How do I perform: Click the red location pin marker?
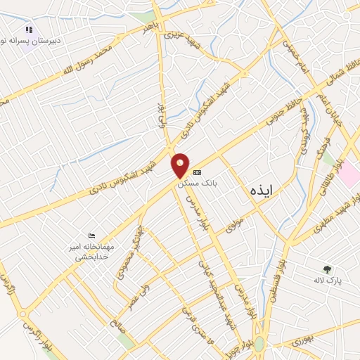[181, 166]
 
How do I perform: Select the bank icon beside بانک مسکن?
[198, 172]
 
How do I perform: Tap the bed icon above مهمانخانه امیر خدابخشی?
[91, 236]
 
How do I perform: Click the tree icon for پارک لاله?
[327, 269]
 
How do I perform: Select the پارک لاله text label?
[328, 281]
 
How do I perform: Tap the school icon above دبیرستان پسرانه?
[29, 30]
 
